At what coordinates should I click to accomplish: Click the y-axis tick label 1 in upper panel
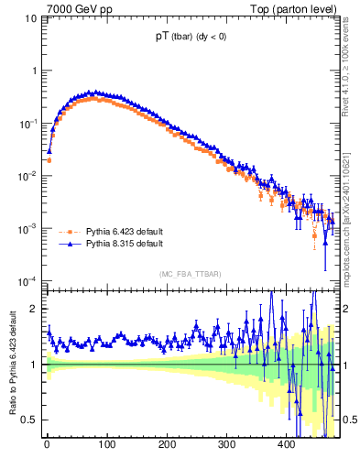34,71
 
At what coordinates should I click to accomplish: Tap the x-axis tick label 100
106,445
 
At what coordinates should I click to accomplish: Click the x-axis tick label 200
167,445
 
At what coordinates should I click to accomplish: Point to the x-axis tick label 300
227,445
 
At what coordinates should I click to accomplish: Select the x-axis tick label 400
288,445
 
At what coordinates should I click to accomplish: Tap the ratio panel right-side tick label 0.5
349,420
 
